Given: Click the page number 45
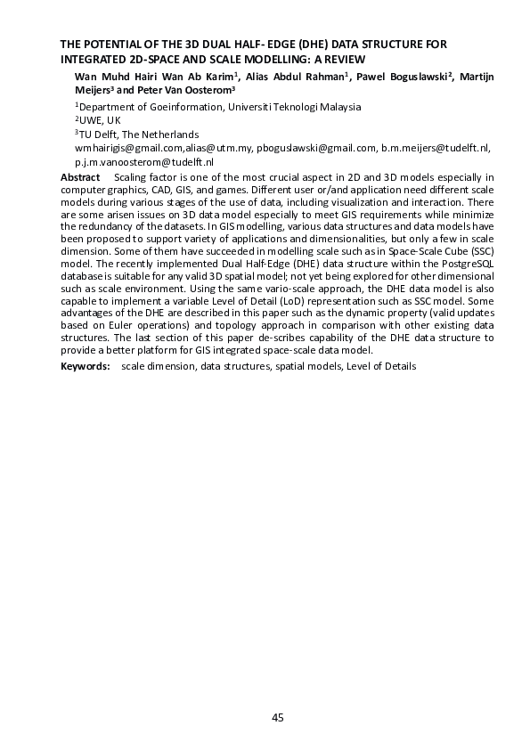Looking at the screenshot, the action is (277, 718).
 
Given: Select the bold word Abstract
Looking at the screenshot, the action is (79, 178).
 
